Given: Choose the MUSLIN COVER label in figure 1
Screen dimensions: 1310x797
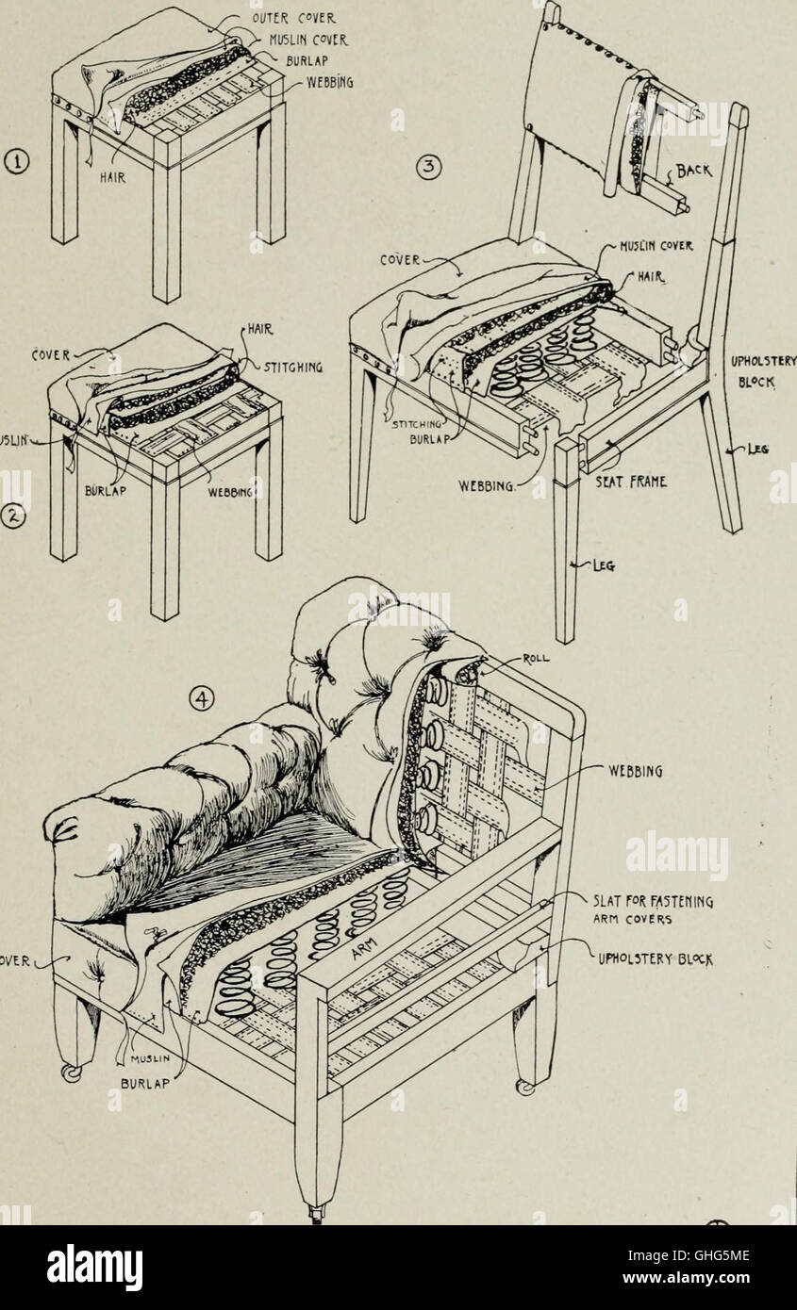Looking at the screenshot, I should [308, 40].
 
